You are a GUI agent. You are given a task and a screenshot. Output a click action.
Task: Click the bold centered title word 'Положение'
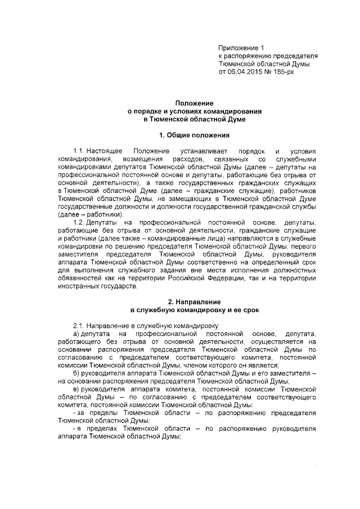[194, 104]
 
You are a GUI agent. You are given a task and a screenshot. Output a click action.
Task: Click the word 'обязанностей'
[79, 278]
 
